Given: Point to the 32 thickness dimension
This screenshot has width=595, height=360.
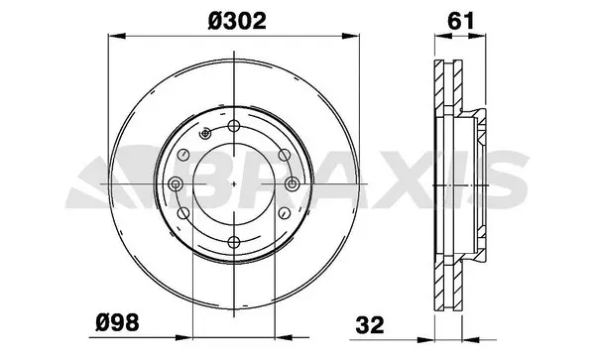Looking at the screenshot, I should click(x=370, y=323).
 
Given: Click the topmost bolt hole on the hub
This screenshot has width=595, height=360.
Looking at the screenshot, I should click(x=232, y=127).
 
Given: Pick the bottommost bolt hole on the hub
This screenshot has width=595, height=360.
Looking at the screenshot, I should click(x=232, y=242).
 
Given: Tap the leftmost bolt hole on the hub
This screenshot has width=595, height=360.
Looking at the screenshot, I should click(x=175, y=184).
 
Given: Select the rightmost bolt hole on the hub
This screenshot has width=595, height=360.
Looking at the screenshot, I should click(x=290, y=184).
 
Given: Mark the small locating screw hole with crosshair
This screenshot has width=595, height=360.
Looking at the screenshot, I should click(x=203, y=134).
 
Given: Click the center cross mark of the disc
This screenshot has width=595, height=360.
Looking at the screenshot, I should click(x=232, y=184).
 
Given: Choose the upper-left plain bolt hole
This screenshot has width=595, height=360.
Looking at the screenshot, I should click(x=184, y=156).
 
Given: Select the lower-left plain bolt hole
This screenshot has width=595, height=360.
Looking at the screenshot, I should click(x=184, y=213).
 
